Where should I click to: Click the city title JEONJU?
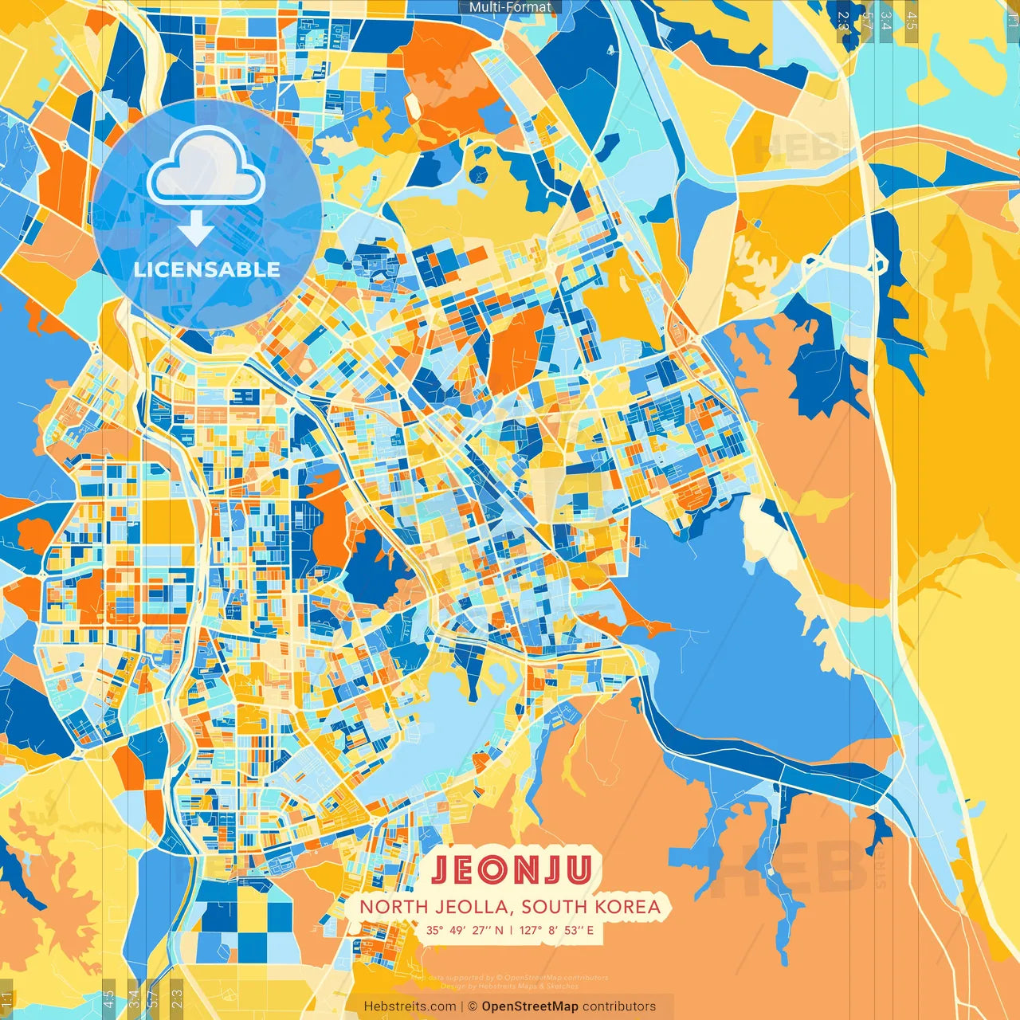coord(511,870)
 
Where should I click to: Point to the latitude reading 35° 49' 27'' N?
coord(464,930)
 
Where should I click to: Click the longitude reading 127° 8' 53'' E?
coord(557,930)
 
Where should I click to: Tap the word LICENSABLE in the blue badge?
coord(207,269)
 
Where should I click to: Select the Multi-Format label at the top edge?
coord(510,7)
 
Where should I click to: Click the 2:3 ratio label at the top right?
coord(842,20)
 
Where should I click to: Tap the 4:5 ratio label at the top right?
coord(912,20)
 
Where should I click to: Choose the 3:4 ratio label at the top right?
coord(885,20)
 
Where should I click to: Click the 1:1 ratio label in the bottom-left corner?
coord(7,999)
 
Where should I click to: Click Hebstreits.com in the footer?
coord(410,1006)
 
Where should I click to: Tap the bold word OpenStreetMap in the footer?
coord(530,1006)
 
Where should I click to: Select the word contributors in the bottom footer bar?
coord(619,1006)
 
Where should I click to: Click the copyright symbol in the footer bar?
coord(473,1006)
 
